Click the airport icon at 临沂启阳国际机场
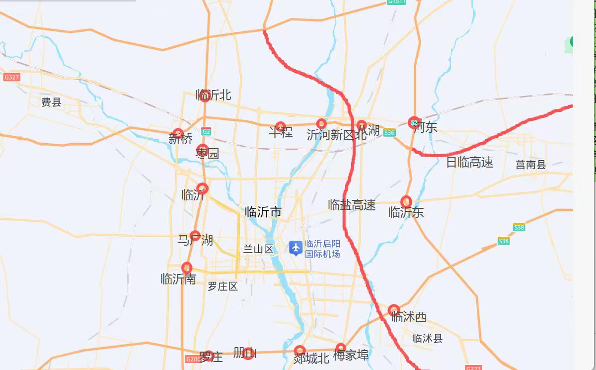point(296,248)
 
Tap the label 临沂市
point(263,212)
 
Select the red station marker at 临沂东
point(406,201)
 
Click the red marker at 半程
point(281,127)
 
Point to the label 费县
point(51,102)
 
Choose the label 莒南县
point(530,165)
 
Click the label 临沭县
point(427,339)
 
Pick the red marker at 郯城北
point(299,351)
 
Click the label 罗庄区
point(223,286)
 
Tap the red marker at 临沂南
point(187,268)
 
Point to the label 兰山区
point(258,249)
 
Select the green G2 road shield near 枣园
point(207,132)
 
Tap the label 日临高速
point(469,162)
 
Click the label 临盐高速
point(352,205)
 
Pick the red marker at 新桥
point(178,133)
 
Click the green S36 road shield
point(389,133)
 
